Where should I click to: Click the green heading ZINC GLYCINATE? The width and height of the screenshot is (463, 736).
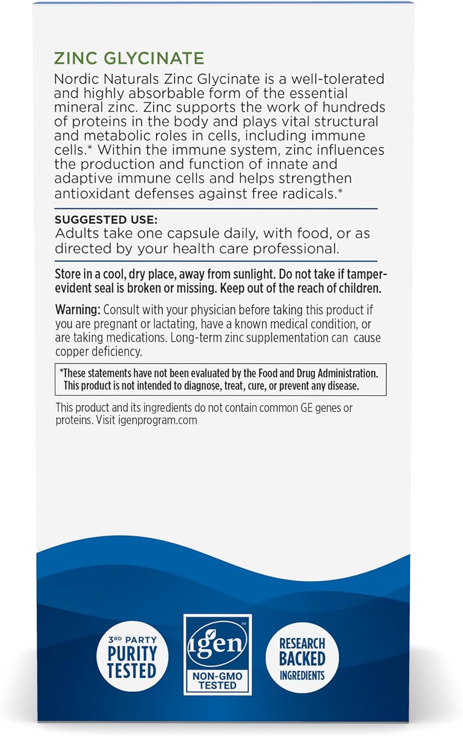(x=129, y=58)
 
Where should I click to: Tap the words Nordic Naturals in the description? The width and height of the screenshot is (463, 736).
(x=106, y=79)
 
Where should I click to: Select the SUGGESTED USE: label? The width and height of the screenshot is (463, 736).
(x=106, y=219)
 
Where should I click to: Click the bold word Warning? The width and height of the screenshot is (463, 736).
(x=77, y=310)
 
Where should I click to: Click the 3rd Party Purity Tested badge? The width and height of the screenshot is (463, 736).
(x=132, y=657)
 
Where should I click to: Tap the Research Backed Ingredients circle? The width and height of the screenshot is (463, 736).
(x=302, y=657)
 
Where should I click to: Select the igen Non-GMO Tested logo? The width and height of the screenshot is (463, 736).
(x=217, y=654)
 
